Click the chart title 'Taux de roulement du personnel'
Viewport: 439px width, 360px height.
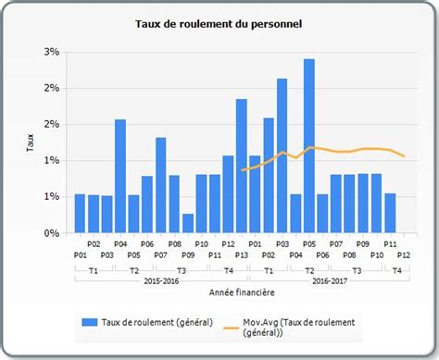click(x=219, y=22)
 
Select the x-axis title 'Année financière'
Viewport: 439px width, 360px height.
click(x=241, y=292)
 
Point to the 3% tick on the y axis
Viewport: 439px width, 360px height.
click(x=51, y=51)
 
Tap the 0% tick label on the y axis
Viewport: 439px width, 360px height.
click(x=51, y=233)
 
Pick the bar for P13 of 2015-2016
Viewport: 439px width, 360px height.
click(x=241, y=166)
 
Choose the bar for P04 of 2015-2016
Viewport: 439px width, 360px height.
click(x=120, y=176)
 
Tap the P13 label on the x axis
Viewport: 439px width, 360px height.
click(x=241, y=254)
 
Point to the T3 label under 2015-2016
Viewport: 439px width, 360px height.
click(x=181, y=269)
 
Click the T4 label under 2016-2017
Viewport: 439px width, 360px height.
click(x=395, y=269)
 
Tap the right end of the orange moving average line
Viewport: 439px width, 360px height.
click(x=404, y=155)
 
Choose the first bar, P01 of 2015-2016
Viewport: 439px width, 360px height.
click(x=80, y=214)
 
